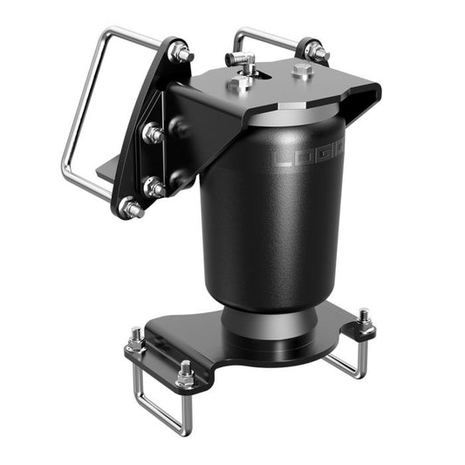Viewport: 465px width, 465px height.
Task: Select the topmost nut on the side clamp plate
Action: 181,54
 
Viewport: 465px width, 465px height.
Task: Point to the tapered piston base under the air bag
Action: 266,323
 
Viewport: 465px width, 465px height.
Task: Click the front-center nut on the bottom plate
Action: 186,373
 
